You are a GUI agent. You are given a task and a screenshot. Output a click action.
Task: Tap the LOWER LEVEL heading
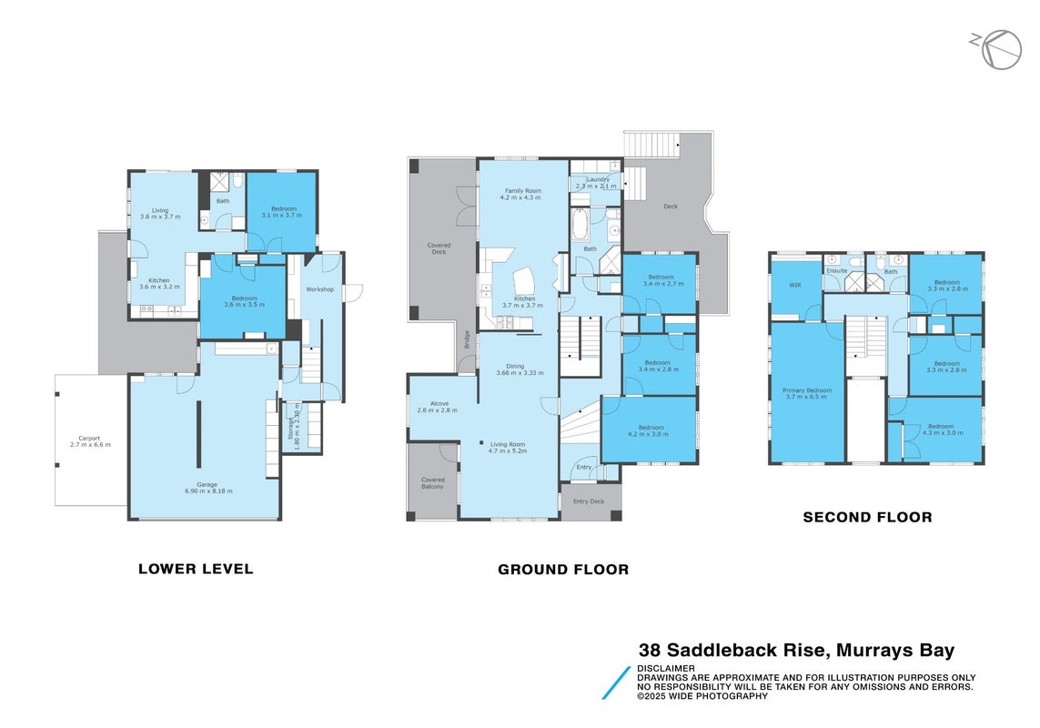196,569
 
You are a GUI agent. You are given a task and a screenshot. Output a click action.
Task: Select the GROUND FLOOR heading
563,570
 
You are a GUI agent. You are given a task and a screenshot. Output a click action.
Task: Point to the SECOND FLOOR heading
867,517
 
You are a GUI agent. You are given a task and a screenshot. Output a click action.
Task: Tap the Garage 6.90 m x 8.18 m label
208,488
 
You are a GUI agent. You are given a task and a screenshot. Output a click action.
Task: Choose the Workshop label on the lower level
319,289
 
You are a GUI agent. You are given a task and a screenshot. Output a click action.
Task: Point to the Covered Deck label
439,248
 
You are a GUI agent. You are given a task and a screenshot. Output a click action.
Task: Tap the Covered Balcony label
432,483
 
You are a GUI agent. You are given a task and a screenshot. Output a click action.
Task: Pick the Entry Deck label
589,501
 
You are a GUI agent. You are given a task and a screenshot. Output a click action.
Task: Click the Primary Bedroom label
806,393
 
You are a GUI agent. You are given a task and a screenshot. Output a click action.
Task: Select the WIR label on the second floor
794,286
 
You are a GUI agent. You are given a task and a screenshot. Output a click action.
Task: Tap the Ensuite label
836,271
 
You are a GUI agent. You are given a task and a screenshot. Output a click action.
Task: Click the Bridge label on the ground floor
467,339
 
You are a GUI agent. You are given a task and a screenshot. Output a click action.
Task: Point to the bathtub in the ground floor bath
581,225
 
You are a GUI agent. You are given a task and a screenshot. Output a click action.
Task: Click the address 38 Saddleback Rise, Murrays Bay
796,651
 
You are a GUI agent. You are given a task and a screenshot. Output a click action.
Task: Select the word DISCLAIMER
666,668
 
